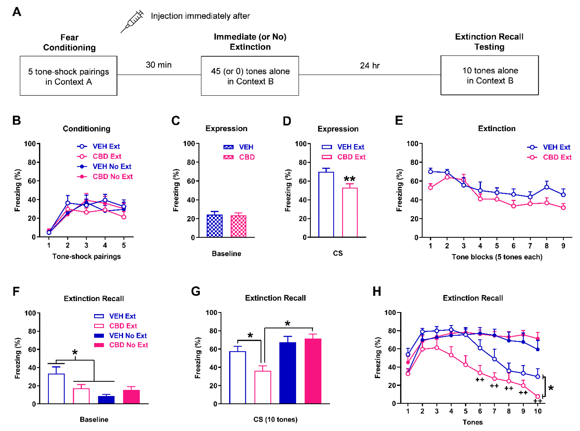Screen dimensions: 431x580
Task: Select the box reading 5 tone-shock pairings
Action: click(68, 76)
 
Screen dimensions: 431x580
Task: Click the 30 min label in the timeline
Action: click(159, 65)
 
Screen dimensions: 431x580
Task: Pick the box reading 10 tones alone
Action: click(489, 75)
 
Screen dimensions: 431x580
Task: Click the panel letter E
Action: click(399, 121)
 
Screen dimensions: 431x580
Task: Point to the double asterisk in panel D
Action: click(349, 179)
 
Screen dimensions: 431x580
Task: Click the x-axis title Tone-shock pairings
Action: click(87, 257)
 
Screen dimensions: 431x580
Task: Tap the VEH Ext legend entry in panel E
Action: click(549, 147)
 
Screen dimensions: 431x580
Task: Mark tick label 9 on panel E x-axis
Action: click(563, 246)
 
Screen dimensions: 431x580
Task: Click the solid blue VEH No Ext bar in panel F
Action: click(106, 400)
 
